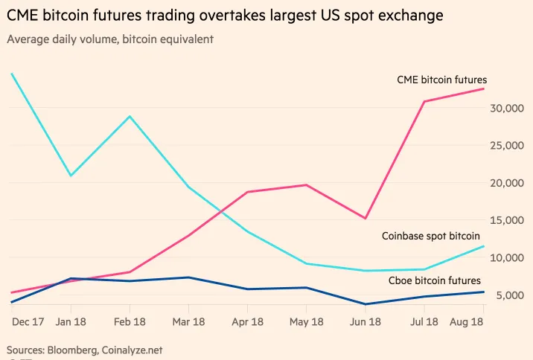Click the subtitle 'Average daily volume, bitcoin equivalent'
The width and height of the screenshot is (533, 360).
[110, 39]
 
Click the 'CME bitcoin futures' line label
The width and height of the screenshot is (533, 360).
[441, 80]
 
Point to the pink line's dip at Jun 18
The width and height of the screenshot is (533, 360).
[366, 218]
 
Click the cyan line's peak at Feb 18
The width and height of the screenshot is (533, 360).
[130, 116]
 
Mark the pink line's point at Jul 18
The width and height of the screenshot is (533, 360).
[424, 101]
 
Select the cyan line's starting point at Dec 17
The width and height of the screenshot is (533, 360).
[12, 74]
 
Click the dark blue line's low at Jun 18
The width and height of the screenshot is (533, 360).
[366, 304]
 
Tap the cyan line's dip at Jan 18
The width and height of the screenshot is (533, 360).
[71, 176]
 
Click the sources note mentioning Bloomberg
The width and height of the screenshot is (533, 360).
[84, 349]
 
